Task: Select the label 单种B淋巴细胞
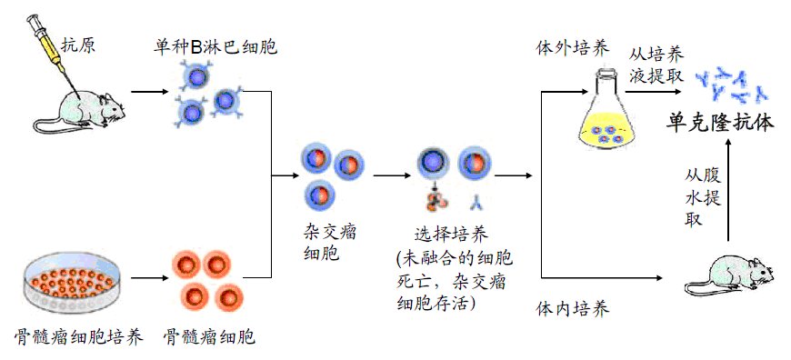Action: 215,45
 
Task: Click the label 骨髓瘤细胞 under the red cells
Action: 208,337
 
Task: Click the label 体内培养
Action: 571,309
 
